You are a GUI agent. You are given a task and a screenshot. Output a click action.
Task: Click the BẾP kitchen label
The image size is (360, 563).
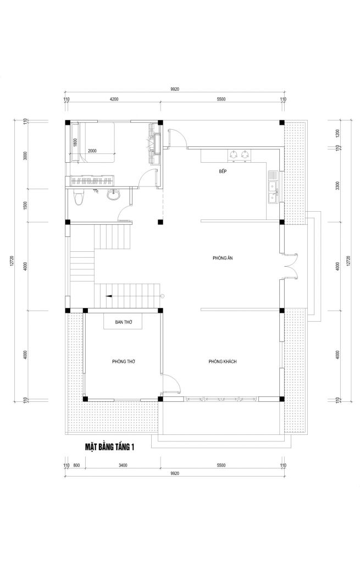(x=223, y=172)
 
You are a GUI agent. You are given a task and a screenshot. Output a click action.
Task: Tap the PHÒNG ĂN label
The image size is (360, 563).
(x=223, y=258)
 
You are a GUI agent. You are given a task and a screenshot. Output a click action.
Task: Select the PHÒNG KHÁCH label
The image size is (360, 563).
(x=223, y=361)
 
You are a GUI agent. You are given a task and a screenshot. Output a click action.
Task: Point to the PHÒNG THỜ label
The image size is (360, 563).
(x=124, y=361)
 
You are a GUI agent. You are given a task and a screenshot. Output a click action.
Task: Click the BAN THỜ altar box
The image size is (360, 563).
(x=123, y=322)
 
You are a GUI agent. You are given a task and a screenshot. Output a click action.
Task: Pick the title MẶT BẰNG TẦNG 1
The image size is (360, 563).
(x=109, y=447)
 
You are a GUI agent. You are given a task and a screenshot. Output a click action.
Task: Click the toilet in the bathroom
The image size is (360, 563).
(x=78, y=197)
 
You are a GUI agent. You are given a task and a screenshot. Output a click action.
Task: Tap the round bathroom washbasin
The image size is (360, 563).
(x=114, y=195)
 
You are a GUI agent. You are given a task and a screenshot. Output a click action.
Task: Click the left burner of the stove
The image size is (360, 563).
(x=234, y=155)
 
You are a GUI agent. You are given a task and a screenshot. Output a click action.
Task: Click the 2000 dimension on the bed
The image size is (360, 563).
(x=92, y=151)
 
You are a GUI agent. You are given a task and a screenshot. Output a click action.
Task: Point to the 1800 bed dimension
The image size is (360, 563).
(x=75, y=142)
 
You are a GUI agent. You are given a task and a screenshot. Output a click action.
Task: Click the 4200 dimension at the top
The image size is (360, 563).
(x=114, y=99)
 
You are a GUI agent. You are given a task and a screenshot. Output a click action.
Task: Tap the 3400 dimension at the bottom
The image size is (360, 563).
(x=123, y=465)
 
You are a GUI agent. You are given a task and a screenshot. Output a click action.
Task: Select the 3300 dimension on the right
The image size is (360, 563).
(x=337, y=186)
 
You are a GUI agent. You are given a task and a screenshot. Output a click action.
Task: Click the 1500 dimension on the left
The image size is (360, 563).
(x=25, y=206)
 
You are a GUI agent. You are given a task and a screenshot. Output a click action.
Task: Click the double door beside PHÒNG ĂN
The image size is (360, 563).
(x=291, y=266)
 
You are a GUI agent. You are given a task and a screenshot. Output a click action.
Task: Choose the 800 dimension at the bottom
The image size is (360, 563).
(x=76, y=465)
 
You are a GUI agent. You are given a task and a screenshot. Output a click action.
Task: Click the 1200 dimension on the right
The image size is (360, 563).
(x=337, y=134)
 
